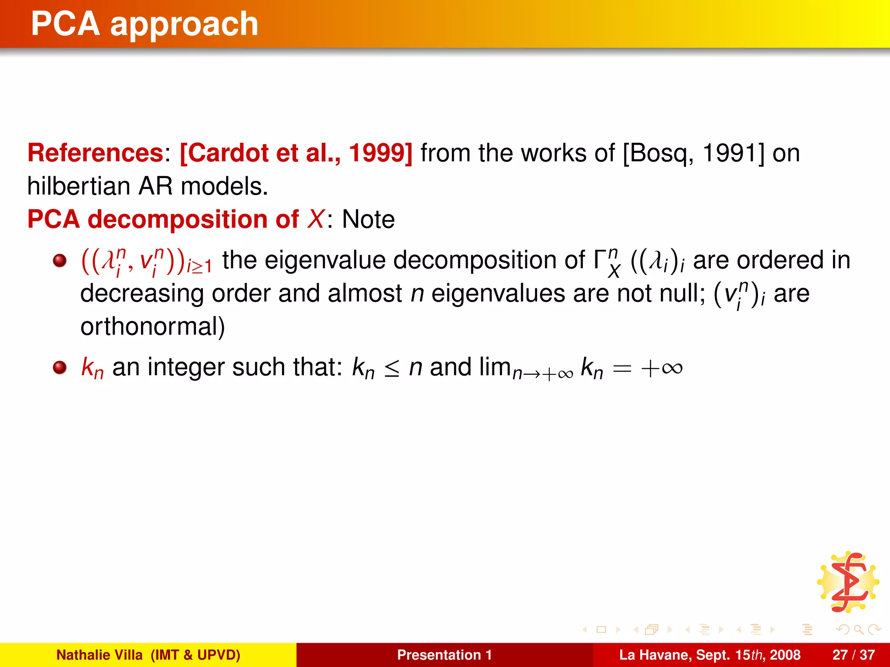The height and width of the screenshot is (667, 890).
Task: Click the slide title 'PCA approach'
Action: pyautogui.click(x=145, y=24)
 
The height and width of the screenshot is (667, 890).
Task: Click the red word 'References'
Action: pyautogui.click(x=95, y=153)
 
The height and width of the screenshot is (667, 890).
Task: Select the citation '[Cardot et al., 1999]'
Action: pyautogui.click(x=296, y=153)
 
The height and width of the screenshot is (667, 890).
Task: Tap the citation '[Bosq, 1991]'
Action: pyautogui.click(x=693, y=153)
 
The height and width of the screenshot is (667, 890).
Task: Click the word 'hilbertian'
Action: pyautogui.click(x=78, y=186)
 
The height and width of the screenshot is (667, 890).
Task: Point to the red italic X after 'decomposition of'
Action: pyautogui.click(x=315, y=219)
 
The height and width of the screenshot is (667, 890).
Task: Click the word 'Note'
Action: pyautogui.click(x=368, y=219)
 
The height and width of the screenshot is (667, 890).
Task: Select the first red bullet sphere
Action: pyautogui.click(x=60, y=261)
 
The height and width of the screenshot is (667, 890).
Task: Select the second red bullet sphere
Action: pyautogui.click(x=60, y=367)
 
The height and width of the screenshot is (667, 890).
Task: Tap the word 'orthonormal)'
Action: pyautogui.click(x=153, y=327)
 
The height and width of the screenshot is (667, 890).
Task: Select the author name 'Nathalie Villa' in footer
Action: pyautogui.click(x=100, y=655)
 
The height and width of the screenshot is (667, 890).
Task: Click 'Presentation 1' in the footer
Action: pyautogui.click(x=444, y=655)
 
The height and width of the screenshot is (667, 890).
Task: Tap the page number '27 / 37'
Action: pyautogui.click(x=853, y=655)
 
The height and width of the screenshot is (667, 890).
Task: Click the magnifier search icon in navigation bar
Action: pyautogui.click(x=858, y=629)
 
